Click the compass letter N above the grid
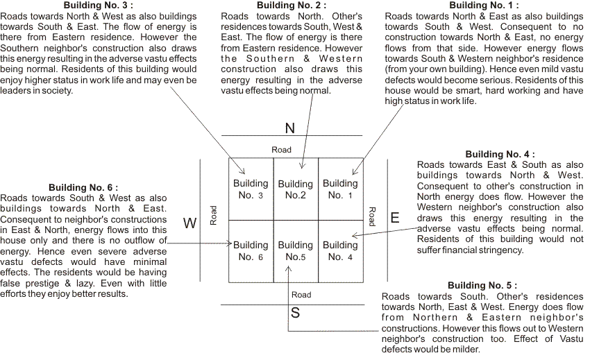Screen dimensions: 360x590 291,128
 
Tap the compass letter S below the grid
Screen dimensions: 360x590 295,313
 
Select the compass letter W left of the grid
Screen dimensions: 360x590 189,223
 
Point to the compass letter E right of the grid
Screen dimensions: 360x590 394,218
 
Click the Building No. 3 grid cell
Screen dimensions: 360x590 251,189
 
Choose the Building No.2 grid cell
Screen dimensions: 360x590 296,189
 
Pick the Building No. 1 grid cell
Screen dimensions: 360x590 340,189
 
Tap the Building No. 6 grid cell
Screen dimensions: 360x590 251,250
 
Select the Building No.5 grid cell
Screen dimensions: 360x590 296,250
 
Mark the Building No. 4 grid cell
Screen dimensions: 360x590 340,250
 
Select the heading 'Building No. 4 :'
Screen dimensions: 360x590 500,155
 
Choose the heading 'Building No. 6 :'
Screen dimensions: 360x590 83,188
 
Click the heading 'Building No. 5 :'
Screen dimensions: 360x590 482,286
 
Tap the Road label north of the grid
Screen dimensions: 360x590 281,150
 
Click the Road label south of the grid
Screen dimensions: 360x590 301,295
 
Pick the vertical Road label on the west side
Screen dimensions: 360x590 214,215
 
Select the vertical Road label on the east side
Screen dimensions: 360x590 372,216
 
